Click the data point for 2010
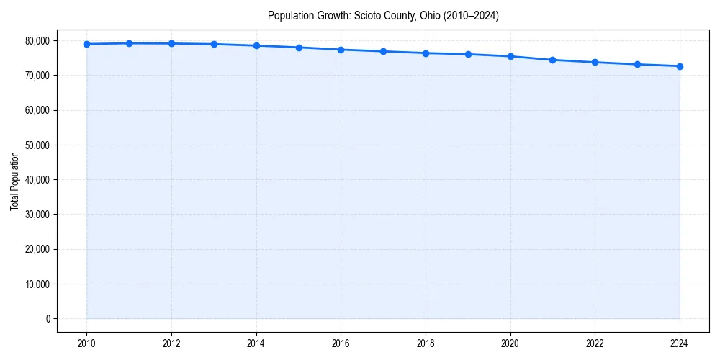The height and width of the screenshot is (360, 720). [x=86, y=44]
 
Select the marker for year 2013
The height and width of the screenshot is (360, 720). [x=214, y=44]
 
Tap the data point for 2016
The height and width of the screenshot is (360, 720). [x=341, y=50]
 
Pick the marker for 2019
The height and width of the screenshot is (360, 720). [x=468, y=54]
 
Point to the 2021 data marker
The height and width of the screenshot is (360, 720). [x=552, y=60]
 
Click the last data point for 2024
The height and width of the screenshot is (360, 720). [x=680, y=66]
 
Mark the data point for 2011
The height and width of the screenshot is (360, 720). [x=129, y=43]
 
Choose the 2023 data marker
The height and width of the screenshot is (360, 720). [x=637, y=64]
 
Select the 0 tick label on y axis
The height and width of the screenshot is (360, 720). [x=48, y=318]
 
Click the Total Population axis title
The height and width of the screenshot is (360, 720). [x=14, y=181]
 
